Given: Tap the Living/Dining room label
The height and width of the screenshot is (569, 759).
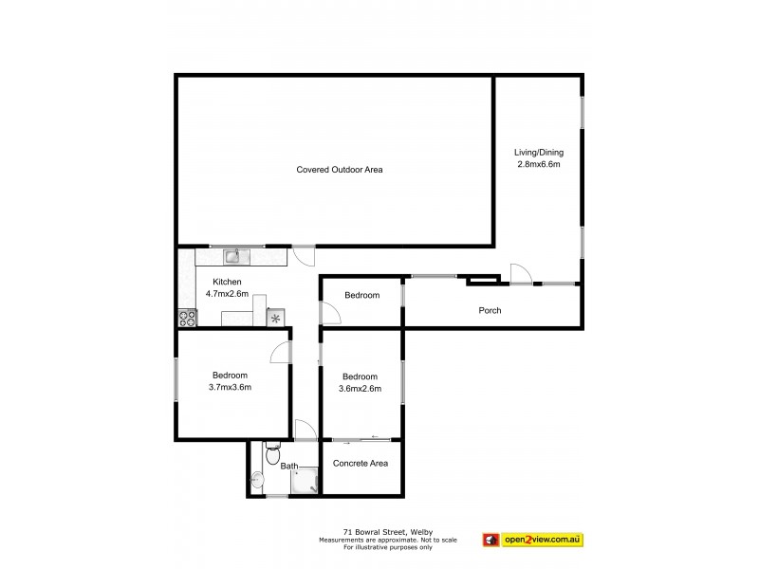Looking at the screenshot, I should (x=538, y=152).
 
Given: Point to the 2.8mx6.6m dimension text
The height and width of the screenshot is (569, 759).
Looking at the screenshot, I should (x=538, y=164).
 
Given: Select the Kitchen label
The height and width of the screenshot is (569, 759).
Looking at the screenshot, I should (x=227, y=282).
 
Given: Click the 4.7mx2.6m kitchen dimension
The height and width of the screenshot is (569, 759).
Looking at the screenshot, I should (x=227, y=293).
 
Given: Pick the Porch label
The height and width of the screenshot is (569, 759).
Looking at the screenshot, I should (x=490, y=310).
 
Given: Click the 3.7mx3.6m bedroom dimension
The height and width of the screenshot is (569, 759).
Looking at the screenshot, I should (x=230, y=387).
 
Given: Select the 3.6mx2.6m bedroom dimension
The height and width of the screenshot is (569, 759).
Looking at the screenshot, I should (x=360, y=387).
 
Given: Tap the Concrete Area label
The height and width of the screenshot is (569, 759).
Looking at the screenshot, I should (x=361, y=463).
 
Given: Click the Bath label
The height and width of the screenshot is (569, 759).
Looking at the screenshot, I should (x=287, y=467).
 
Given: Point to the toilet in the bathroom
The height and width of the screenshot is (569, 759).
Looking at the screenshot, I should (x=272, y=455).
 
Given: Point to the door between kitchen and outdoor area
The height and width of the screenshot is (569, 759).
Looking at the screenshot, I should (x=303, y=254).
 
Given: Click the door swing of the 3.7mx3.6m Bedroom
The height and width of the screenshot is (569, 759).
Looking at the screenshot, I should (x=281, y=353).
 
